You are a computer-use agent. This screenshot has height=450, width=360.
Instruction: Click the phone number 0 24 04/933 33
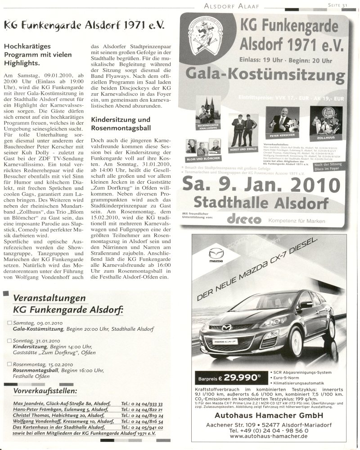click(x=142, y=405)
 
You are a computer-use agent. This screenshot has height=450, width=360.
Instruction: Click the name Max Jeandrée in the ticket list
click(x=29, y=405)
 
